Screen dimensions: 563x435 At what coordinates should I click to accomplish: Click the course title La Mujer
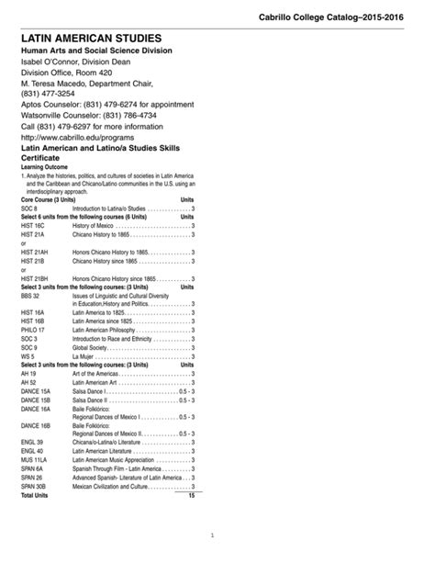pos(84,356)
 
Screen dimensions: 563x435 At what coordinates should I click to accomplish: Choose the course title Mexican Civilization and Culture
pos(110,487)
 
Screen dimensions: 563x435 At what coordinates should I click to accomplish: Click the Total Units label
pos(34,495)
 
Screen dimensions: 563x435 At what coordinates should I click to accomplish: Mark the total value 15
pos(191,495)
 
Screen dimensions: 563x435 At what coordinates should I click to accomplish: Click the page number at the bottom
pos(212,535)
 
